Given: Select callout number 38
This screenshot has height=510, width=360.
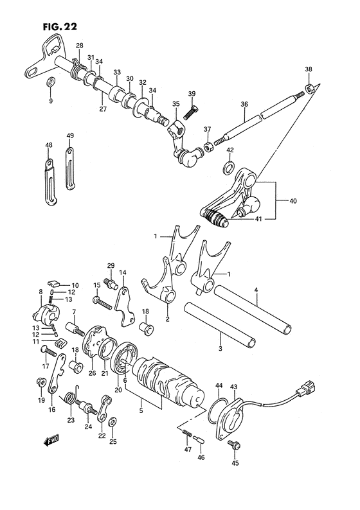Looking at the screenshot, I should point(309,70).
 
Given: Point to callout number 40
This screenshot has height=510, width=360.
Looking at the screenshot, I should point(293,201).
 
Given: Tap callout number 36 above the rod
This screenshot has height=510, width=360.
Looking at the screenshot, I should point(244,105).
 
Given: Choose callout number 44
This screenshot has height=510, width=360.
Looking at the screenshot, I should point(219,385).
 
